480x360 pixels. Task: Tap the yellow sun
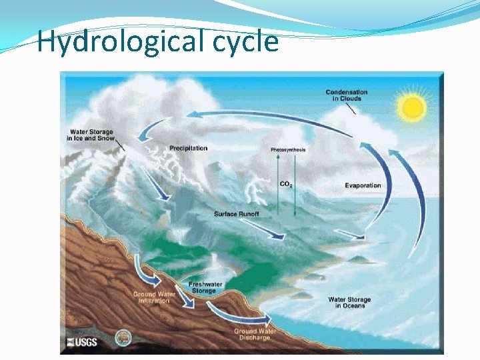pos(411,107)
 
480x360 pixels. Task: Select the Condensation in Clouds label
pos(346,95)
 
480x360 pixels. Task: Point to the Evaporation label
pos(363,185)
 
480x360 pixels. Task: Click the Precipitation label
pos(188,148)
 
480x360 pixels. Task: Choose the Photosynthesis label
pos(288,150)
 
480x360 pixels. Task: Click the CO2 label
pos(286,184)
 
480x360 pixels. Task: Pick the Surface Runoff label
pos(236,214)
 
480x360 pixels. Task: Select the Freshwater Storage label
pos(205,287)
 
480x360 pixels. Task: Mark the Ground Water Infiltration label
pos(155,297)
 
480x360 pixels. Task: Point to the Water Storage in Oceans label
pos(349,303)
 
